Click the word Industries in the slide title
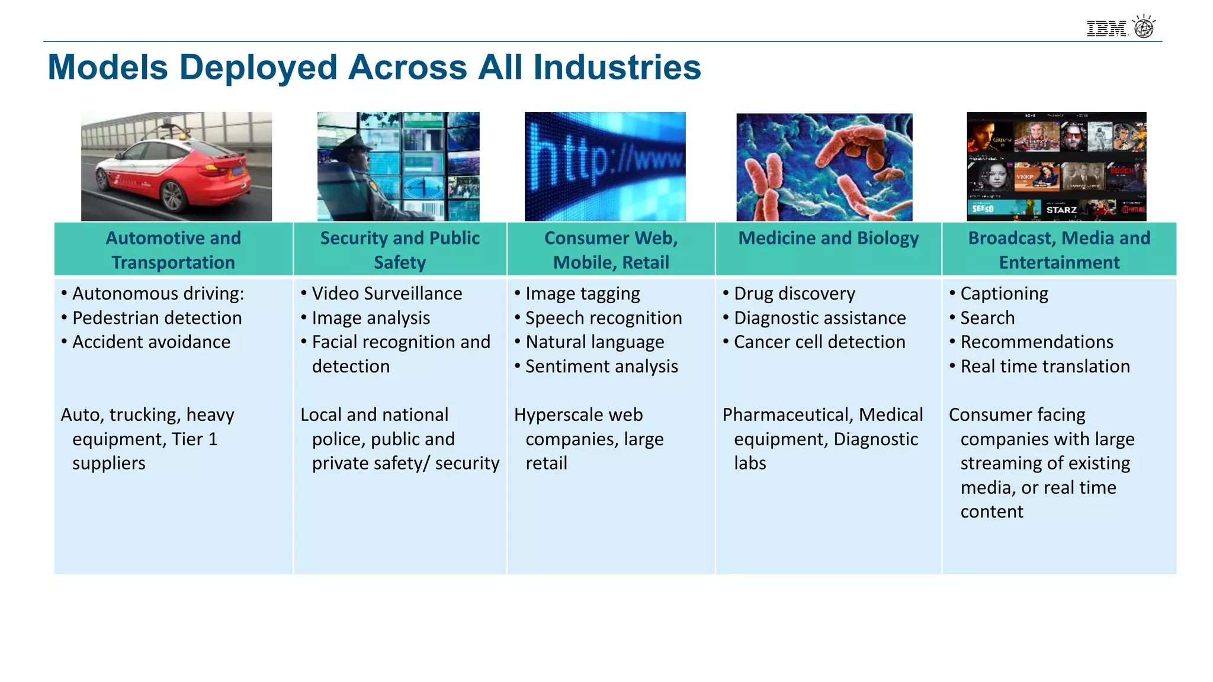(617, 67)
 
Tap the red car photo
(177, 166)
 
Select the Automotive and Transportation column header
(174, 250)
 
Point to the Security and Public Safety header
(400, 250)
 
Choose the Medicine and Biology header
(828, 239)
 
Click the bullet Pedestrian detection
(156, 318)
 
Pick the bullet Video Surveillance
(387, 294)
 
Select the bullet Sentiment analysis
(601, 366)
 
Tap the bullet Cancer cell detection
(819, 342)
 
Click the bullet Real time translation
(1045, 366)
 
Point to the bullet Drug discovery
(794, 294)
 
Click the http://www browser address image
(605, 166)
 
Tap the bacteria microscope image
(824, 167)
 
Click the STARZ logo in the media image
(1061, 210)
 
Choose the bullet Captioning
(1004, 294)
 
